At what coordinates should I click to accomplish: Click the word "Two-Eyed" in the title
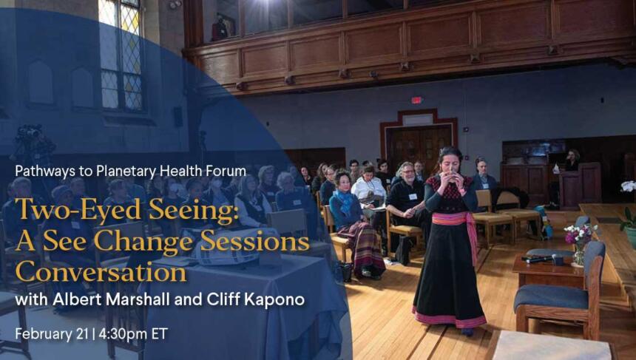pos(78,211)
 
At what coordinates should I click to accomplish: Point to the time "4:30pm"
pos(124,334)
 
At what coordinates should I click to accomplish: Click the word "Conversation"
pos(101,271)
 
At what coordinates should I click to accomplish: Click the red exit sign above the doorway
pos(416,100)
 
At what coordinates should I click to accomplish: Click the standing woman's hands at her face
pos(449,174)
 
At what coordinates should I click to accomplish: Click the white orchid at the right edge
pos(629,186)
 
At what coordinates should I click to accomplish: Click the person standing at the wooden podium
pos(572,160)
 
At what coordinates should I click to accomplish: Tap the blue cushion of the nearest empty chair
pos(551,299)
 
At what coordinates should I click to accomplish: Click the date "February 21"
pos(52,334)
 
